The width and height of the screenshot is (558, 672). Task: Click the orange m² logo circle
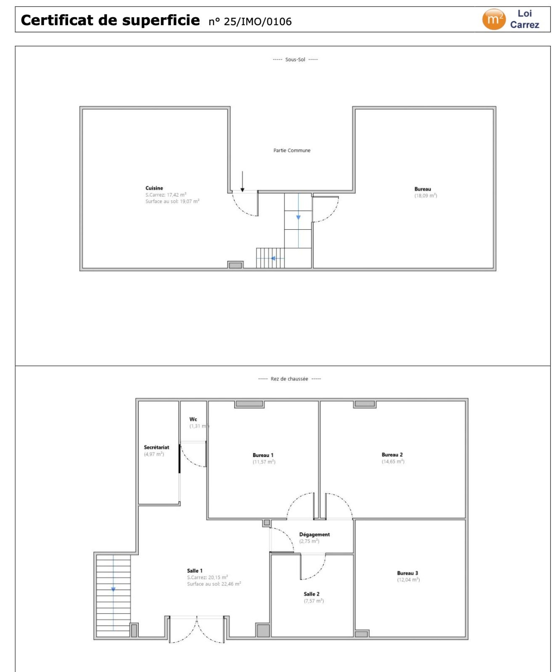[x=494, y=19]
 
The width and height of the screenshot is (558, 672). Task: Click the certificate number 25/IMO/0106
[x=257, y=21]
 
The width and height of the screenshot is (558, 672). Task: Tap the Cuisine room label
[x=154, y=188]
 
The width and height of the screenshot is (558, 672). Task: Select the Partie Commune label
[x=292, y=150]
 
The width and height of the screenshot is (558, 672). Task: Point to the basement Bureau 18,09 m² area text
[x=426, y=196]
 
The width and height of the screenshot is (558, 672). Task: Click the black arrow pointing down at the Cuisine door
[x=242, y=181]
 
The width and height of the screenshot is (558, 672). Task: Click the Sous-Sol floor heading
[x=295, y=60]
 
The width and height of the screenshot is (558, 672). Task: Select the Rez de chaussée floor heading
[x=289, y=379]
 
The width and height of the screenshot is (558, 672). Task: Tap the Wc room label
[x=193, y=419]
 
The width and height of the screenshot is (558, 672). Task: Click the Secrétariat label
[x=156, y=447]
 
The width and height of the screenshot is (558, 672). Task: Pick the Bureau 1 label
[x=263, y=455]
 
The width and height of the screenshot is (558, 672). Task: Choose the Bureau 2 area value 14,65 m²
[x=393, y=462]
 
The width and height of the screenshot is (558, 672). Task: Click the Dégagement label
[x=315, y=535]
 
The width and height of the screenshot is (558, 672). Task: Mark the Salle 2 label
[x=312, y=594]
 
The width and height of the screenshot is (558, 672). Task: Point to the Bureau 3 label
[x=407, y=573]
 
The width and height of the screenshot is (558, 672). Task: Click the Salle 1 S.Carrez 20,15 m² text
[x=208, y=577]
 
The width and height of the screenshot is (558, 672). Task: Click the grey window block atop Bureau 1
[x=249, y=404]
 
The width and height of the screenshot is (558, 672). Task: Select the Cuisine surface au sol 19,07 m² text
[x=172, y=202]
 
